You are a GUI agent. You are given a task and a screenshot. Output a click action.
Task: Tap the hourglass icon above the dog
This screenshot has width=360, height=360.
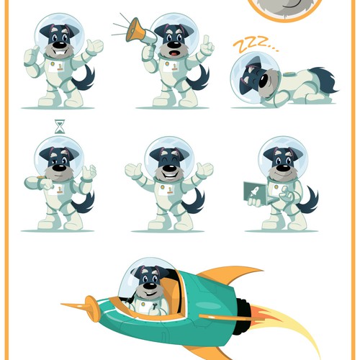[60, 127]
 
